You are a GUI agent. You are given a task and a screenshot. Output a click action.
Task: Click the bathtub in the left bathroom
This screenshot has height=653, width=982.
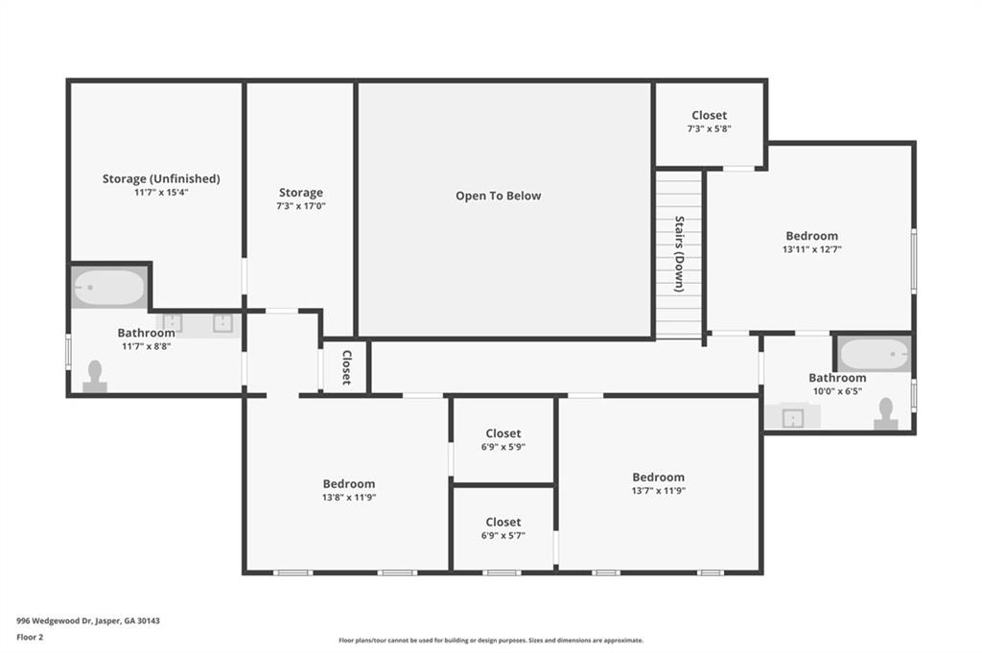(x=108, y=287)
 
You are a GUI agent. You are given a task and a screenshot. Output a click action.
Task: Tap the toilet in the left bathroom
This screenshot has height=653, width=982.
(x=95, y=376)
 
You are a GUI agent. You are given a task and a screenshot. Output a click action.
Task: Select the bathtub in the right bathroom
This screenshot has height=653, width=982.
(x=874, y=356)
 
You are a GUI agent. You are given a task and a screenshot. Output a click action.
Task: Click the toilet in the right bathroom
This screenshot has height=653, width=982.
(x=885, y=413)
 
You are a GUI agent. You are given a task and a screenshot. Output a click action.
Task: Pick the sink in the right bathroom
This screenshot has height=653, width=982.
(x=793, y=417)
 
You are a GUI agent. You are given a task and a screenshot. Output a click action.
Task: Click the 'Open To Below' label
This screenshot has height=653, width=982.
(x=498, y=196)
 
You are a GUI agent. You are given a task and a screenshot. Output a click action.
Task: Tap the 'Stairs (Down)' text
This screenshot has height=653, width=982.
(x=678, y=253)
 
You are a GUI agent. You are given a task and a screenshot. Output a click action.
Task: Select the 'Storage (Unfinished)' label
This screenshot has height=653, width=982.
(x=161, y=178)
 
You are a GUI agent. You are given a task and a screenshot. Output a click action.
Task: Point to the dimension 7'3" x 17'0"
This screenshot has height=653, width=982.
(x=301, y=205)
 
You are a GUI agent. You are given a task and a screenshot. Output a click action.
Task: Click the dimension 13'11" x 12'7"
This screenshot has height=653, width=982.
(x=811, y=249)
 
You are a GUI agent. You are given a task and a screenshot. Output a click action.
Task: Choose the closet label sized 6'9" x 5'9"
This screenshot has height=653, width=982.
(x=503, y=433)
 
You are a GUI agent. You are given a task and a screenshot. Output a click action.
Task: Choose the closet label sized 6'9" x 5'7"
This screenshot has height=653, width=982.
(x=503, y=523)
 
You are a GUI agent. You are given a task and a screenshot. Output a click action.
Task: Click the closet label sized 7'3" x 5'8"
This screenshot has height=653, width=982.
(x=709, y=115)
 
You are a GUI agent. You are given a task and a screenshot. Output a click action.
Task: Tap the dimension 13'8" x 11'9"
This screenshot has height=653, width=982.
(x=348, y=497)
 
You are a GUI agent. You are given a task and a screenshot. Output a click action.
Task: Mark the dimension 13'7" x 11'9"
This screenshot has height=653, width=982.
(x=658, y=490)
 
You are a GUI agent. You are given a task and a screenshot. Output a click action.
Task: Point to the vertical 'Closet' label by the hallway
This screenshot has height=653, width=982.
(x=346, y=367)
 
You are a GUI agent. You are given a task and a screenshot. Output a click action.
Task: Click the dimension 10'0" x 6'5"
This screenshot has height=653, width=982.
(x=836, y=391)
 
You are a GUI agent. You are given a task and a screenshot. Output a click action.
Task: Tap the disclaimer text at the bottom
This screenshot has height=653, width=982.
(x=490, y=641)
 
